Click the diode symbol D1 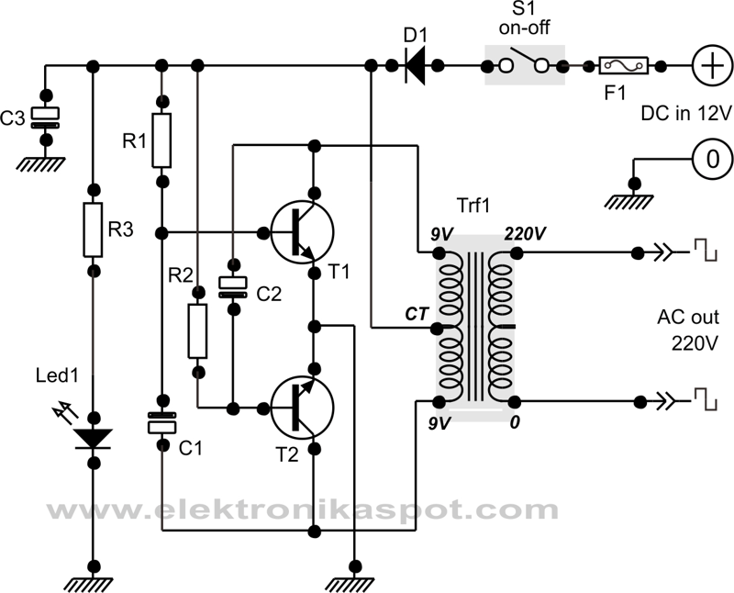[418, 65]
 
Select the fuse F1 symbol [624, 65]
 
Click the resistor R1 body [161, 140]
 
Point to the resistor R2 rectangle [197, 331]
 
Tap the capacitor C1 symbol [161, 423]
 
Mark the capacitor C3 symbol [43, 116]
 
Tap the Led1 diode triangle [93, 439]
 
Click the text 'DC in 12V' [686, 113]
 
